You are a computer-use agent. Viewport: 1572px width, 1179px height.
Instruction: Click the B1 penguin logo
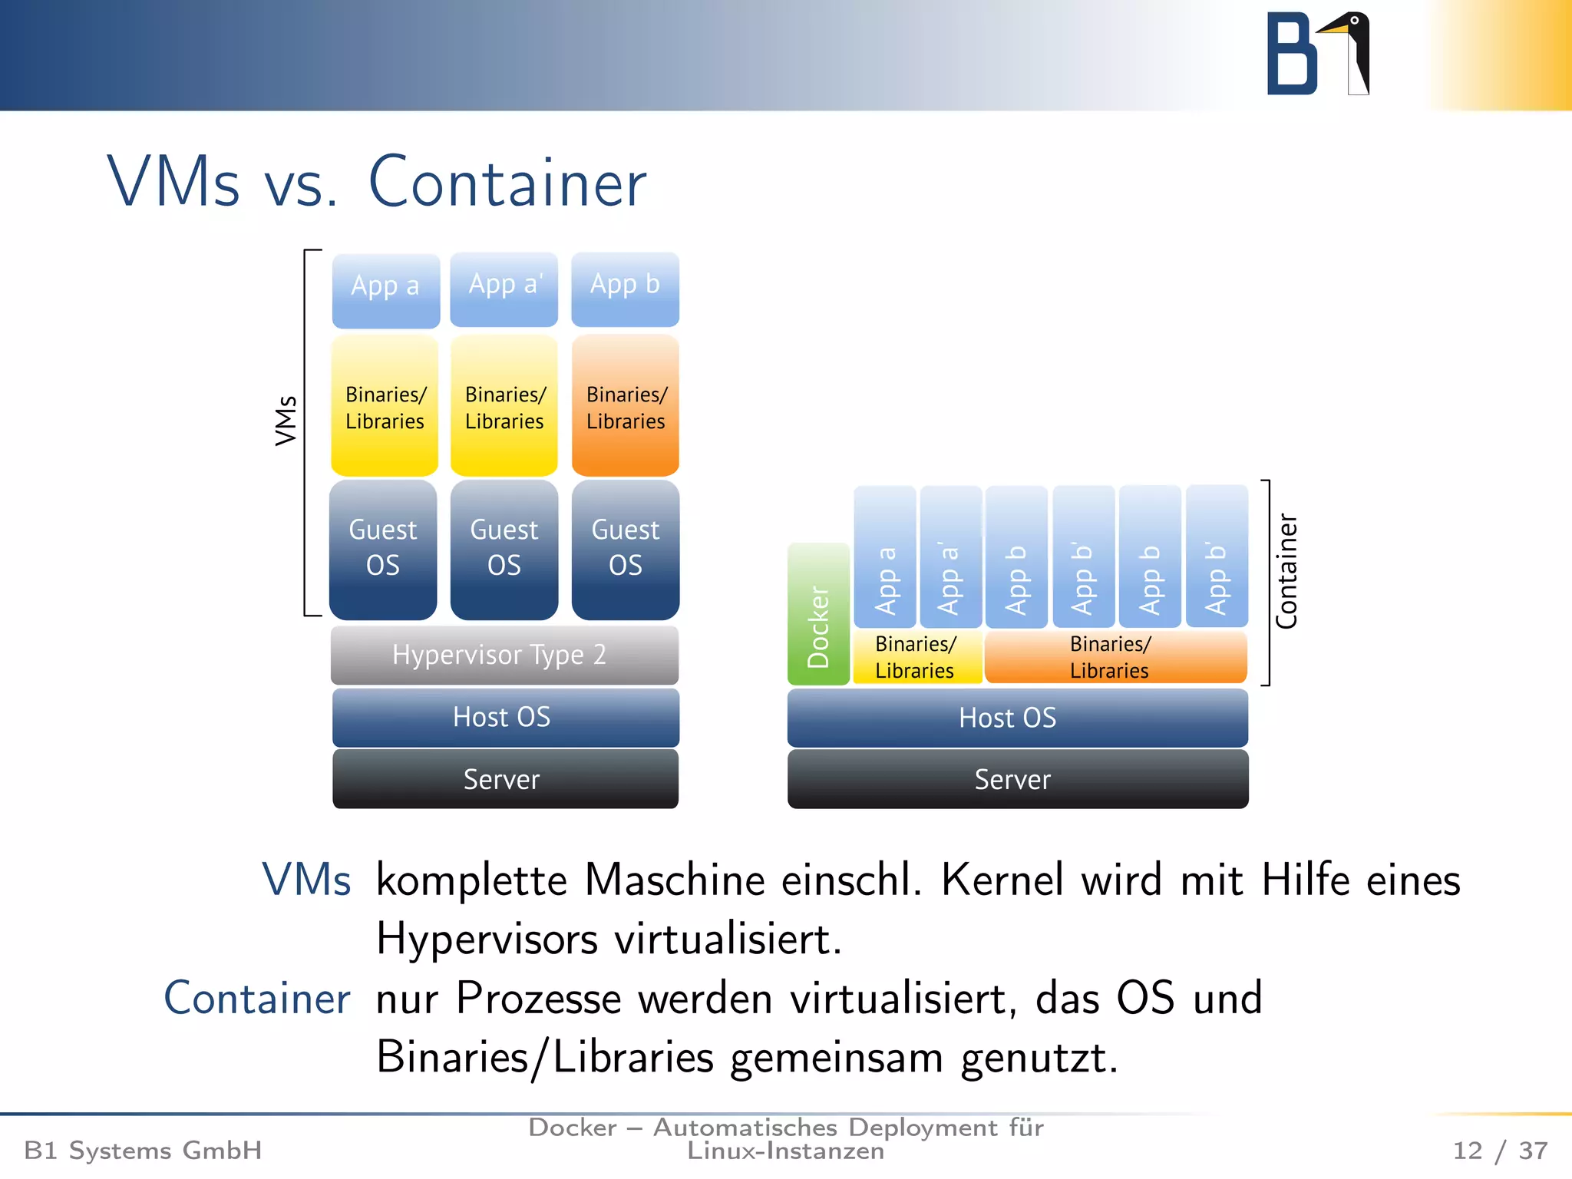tap(1317, 54)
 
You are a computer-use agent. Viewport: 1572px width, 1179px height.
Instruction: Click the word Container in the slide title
tap(507, 183)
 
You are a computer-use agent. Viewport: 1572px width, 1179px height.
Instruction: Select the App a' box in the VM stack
tap(504, 289)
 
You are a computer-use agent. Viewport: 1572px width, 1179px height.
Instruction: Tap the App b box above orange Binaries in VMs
tap(625, 289)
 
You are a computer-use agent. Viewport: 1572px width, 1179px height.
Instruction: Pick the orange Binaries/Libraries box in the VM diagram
tap(625, 406)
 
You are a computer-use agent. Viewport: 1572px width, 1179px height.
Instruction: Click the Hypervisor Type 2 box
tap(504, 655)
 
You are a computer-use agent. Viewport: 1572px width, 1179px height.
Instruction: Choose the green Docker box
tap(818, 614)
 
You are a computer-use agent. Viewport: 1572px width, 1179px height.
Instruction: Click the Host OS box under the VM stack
tap(504, 717)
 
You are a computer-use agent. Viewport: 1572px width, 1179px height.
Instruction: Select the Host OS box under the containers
tap(1017, 718)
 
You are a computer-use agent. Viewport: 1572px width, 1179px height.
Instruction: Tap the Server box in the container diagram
tap(1017, 779)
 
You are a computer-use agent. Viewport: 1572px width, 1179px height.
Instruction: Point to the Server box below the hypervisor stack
tap(504, 779)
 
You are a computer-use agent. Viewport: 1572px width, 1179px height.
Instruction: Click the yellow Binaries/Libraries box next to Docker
tap(916, 657)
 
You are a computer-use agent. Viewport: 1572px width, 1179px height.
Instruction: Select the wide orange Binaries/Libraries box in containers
tap(1115, 657)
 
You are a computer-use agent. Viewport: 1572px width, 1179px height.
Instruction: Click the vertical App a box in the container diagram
tap(885, 556)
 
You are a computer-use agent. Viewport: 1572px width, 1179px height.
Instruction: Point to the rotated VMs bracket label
tap(286, 420)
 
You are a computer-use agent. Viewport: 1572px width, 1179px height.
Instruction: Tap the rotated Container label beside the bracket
tap(1286, 571)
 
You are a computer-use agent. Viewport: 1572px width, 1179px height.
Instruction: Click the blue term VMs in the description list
tap(306, 880)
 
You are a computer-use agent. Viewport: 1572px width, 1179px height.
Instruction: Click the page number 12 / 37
tap(1499, 1150)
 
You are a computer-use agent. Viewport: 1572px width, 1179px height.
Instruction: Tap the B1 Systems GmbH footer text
tap(143, 1150)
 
